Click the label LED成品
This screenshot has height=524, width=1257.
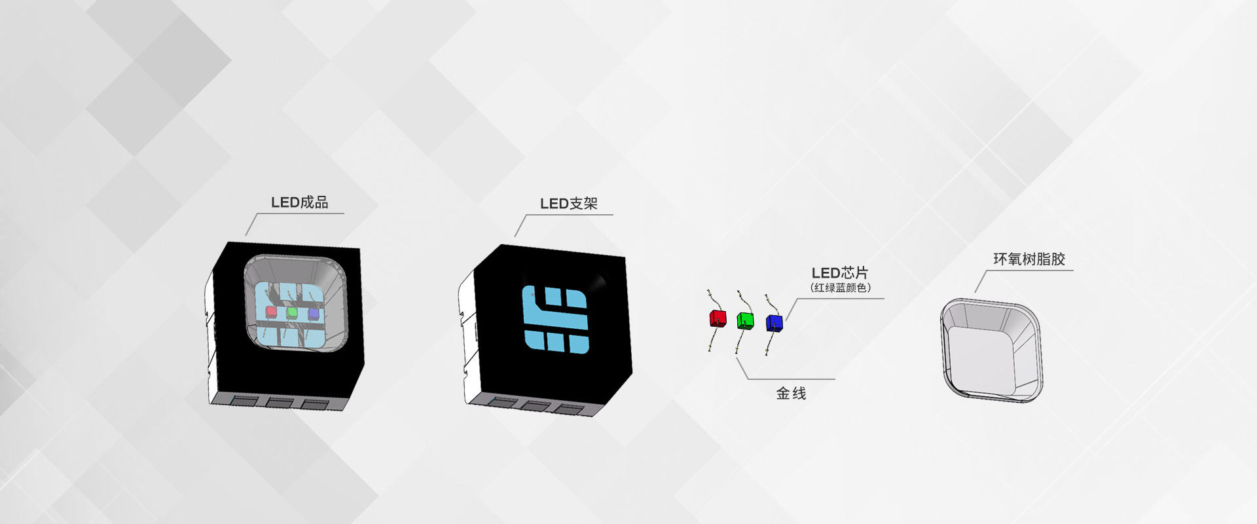tap(300, 202)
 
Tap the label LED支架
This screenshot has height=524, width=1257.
tap(569, 204)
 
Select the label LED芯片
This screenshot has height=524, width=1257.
tap(840, 272)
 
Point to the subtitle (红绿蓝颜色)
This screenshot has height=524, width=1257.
tap(841, 288)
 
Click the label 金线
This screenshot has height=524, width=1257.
tap(791, 393)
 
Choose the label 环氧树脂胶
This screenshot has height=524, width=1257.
tap(1029, 259)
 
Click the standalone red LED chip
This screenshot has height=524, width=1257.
tap(718, 319)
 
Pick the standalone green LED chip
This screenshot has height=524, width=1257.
tap(745, 321)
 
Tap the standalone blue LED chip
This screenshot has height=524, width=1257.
tap(774, 323)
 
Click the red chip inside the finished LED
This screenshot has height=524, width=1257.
tap(271, 311)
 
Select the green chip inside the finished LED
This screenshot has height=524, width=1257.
tap(292, 312)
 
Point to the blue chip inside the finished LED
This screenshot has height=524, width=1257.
tap(313, 314)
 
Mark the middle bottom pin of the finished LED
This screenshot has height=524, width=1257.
tap(279, 402)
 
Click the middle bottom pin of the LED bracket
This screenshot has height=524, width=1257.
tap(534, 406)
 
